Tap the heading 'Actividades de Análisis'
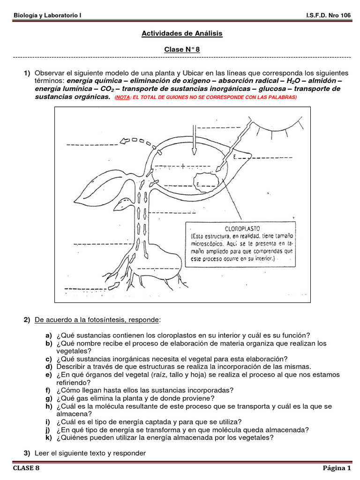click(182, 33)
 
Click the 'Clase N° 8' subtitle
click(182, 49)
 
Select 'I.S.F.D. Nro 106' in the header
click(328, 15)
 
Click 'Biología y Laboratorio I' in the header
click(47, 15)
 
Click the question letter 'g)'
click(48, 398)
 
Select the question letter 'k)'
click(48, 438)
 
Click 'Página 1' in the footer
click(336, 468)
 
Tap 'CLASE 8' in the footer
click(26, 468)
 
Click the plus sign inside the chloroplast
click(183, 165)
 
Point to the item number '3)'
click(27, 453)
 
